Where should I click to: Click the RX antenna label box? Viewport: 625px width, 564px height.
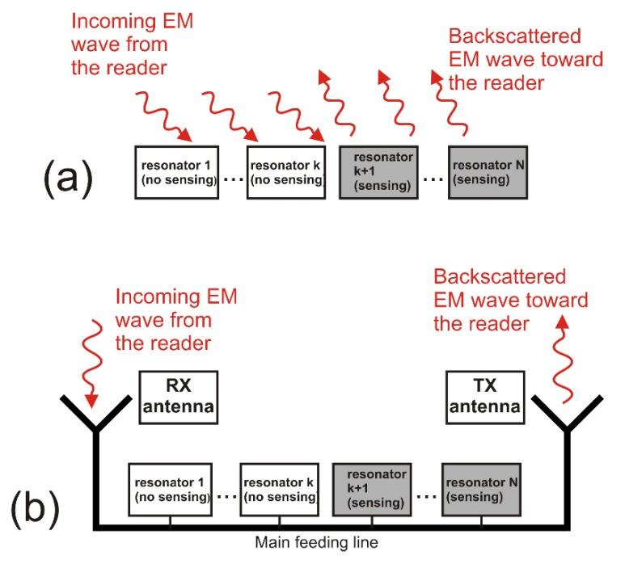178,397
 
